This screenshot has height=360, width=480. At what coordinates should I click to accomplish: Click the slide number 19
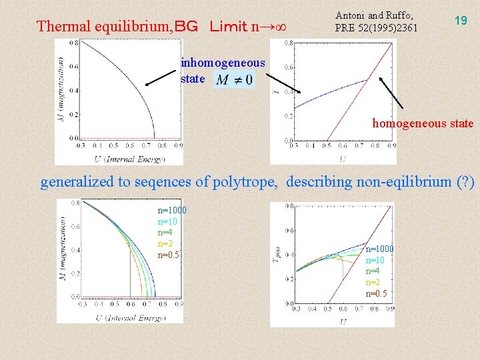click(460, 21)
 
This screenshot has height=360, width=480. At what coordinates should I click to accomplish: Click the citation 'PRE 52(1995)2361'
click(376, 27)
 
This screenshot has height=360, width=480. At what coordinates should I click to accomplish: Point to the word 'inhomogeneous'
click(223, 63)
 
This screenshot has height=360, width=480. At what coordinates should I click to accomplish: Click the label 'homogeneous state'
click(423, 123)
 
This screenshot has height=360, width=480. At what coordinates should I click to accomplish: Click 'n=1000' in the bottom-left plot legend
click(172, 211)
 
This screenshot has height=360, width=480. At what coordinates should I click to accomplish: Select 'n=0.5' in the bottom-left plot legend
click(168, 255)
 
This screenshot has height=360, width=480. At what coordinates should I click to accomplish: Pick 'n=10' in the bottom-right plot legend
click(375, 260)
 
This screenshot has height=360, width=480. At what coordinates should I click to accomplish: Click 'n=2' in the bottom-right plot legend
click(373, 282)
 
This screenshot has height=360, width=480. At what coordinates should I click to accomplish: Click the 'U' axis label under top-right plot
click(342, 159)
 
